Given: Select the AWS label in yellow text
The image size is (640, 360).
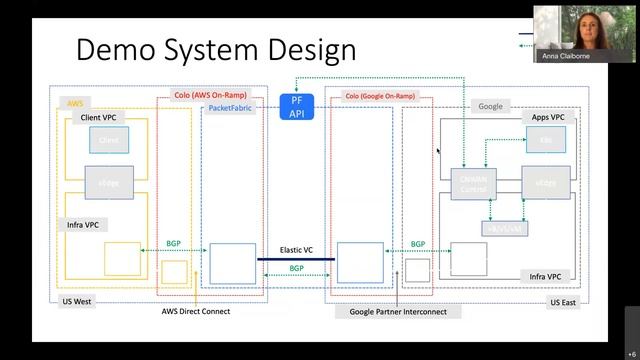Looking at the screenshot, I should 75,103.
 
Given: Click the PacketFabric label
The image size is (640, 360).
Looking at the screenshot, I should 232,107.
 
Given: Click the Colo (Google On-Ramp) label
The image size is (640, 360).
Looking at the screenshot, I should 381,96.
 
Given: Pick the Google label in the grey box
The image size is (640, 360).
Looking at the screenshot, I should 490,105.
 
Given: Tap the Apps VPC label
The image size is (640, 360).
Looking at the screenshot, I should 548,118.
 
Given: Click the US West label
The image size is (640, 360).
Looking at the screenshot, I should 77,301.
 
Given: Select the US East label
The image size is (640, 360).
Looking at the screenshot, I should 562,301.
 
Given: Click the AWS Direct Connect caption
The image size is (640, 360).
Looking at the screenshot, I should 196,311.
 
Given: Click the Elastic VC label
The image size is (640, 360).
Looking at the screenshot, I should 296,249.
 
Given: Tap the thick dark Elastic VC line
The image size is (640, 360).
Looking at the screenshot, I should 296,259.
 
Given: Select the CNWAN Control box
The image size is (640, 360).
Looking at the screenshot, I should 473,182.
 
